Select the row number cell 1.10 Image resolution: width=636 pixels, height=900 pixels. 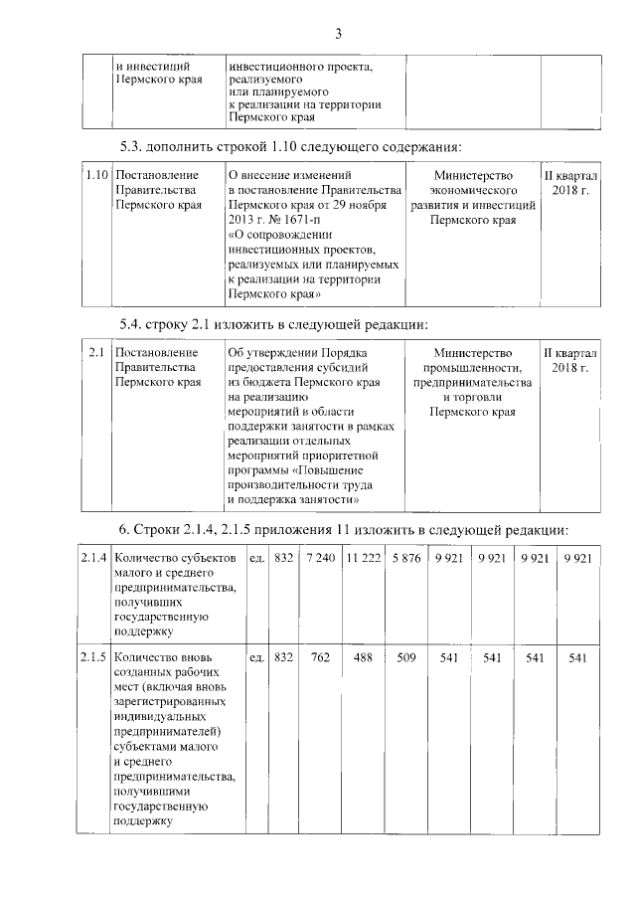(x=96, y=175)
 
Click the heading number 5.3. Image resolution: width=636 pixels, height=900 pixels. (x=133, y=147)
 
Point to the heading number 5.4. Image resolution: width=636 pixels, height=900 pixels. (x=133, y=324)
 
